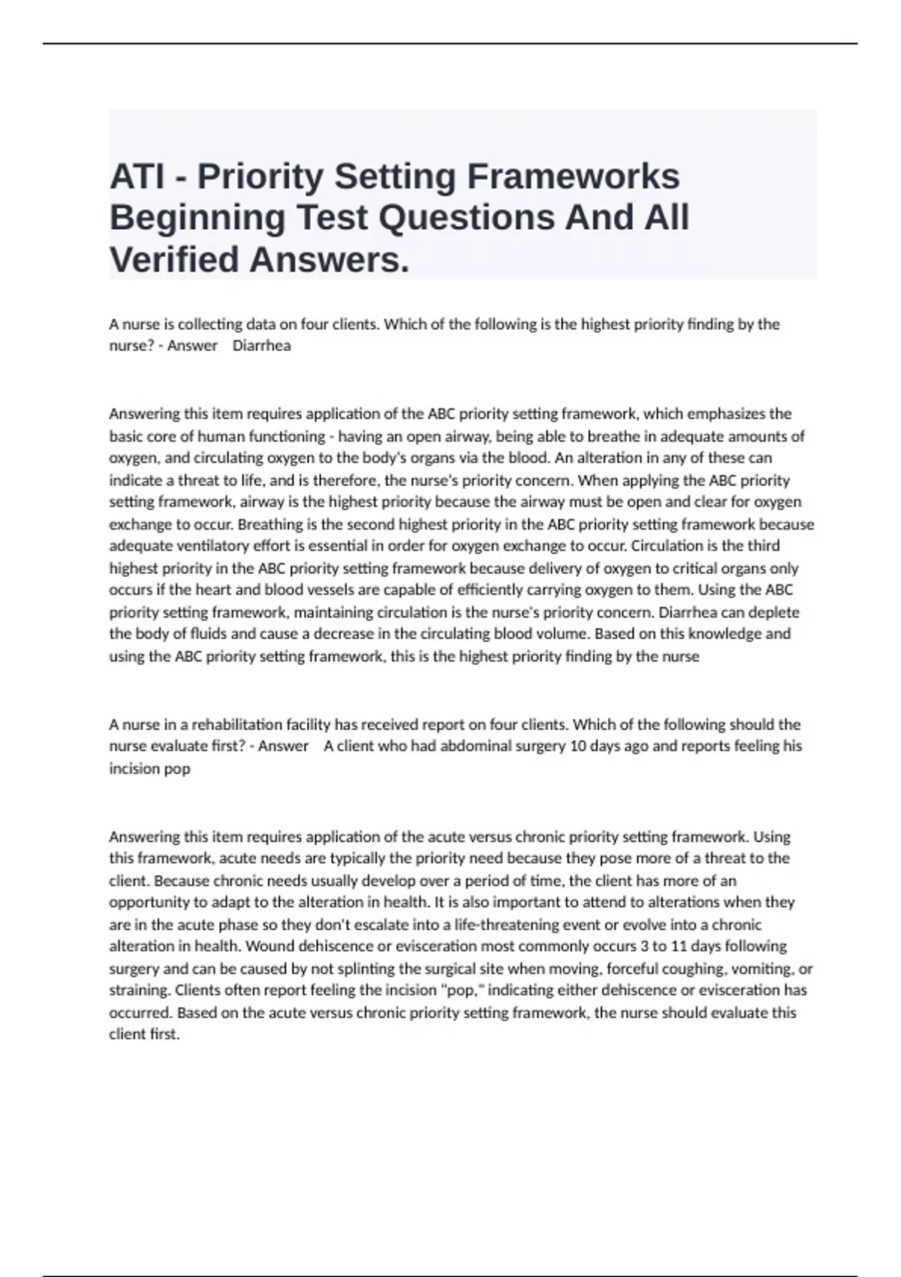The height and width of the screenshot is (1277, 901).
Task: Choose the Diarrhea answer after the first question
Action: (261, 346)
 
